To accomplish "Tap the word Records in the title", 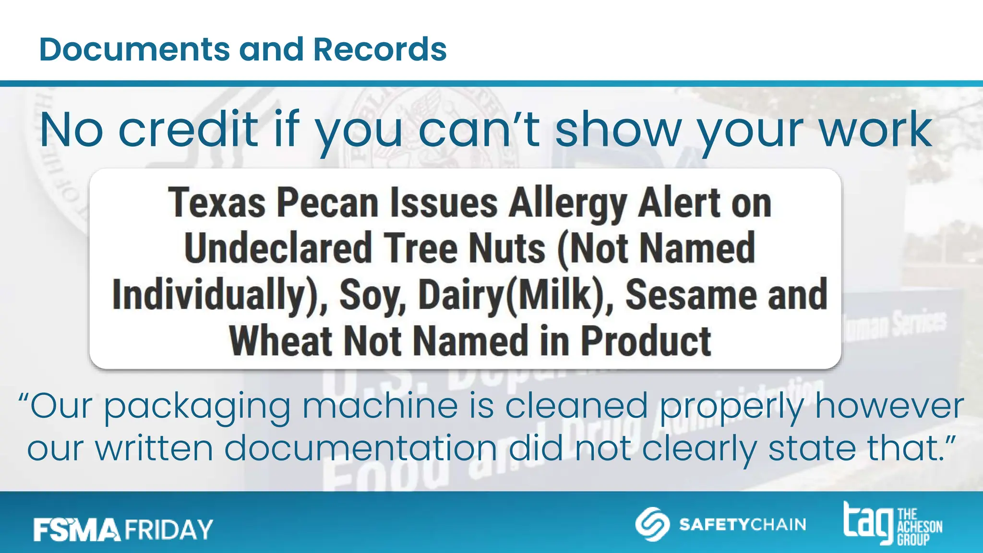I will click(x=380, y=49).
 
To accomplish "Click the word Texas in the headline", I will click(x=216, y=204).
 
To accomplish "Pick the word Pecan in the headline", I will click(x=328, y=204).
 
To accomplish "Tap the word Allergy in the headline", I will click(x=568, y=204).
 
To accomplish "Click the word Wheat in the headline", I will click(x=281, y=340).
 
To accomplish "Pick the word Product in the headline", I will click(x=646, y=340).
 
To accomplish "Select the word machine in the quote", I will click(x=380, y=406).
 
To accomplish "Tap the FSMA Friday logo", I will click(x=123, y=529).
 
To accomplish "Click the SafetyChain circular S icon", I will click(x=652, y=524).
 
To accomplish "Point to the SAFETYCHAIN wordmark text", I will click(x=743, y=524).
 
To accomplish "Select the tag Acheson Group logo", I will click(x=893, y=524).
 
